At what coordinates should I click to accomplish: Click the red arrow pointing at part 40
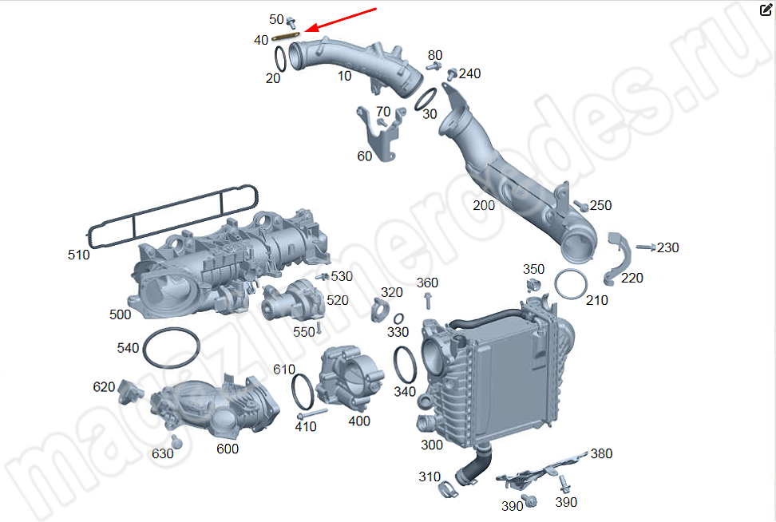click(x=340, y=20)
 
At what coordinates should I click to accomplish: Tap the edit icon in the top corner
click(x=766, y=10)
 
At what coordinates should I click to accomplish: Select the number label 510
click(x=79, y=255)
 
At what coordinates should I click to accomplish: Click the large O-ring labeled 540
click(x=171, y=347)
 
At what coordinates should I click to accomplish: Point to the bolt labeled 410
click(x=312, y=413)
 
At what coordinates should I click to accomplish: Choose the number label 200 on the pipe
click(x=484, y=205)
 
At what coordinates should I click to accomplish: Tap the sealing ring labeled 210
click(x=571, y=284)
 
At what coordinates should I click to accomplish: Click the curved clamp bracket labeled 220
click(x=618, y=259)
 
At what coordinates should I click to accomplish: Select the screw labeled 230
click(x=645, y=247)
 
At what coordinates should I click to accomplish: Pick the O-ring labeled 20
click(x=280, y=59)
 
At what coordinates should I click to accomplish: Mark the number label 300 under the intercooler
click(x=432, y=445)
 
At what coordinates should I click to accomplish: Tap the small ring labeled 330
click(x=398, y=319)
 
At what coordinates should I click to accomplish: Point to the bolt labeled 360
click(x=428, y=300)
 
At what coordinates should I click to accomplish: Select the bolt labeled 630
click(x=176, y=442)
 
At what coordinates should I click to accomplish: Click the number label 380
click(x=601, y=453)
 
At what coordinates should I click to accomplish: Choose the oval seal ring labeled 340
click(x=406, y=365)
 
